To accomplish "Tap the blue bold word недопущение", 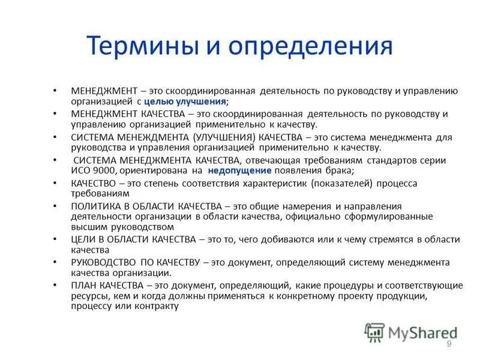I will point(240,171).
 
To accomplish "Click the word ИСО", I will point(80,171).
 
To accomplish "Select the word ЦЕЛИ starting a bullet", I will point(83,239).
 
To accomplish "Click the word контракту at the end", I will point(159,306).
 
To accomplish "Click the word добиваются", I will point(272,239).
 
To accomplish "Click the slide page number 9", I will point(448,343).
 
